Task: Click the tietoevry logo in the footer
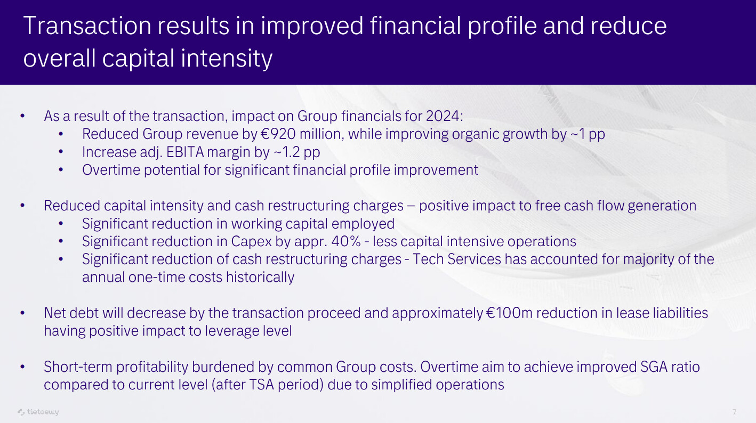click(38, 412)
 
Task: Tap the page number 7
click(734, 412)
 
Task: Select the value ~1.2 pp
click(296, 152)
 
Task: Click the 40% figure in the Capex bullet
click(346, 241)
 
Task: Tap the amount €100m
click(509, 313)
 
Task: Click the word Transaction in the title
click(87, 26)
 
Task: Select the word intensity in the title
click(227, 59)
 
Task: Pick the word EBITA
click(185, 152)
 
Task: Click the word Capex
click(252, 242)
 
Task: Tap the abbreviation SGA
click(654, 367)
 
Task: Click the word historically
click(260, 277)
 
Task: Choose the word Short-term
click(78, 367)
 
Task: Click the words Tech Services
click(457, 259)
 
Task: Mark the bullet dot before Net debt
click(22, 313)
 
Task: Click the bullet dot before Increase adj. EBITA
click(61, 152)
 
